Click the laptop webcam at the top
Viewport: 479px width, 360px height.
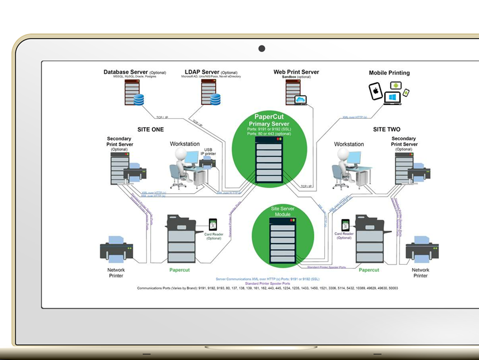pyautogui.click(x=262, y=49)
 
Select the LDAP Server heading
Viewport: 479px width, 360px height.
pyautogui.click(x=202, y=72)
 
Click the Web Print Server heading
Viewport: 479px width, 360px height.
pyautogui.click(x=296, y=72)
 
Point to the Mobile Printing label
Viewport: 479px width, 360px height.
pyautogui.click(x=389, y=73)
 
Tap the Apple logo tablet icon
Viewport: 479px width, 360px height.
pyautogui.click(x=376, y=90)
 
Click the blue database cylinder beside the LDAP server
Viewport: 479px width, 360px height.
pyautogui.click(x=215, y=99)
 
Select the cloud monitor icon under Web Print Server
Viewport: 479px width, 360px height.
pyautogui.click(x=301, y=100)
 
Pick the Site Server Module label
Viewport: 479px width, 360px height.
pyautogui.click(x=282, y=212)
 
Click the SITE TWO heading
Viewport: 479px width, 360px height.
pyautogui.click(x=387, y=129)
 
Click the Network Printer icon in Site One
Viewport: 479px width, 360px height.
pyautogui.click(x=116, y=250)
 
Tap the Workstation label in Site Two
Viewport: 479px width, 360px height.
pyautogui.click(x=349, y=144)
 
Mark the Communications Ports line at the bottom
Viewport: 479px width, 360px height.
pyautogui.click(x=267, y=288)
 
